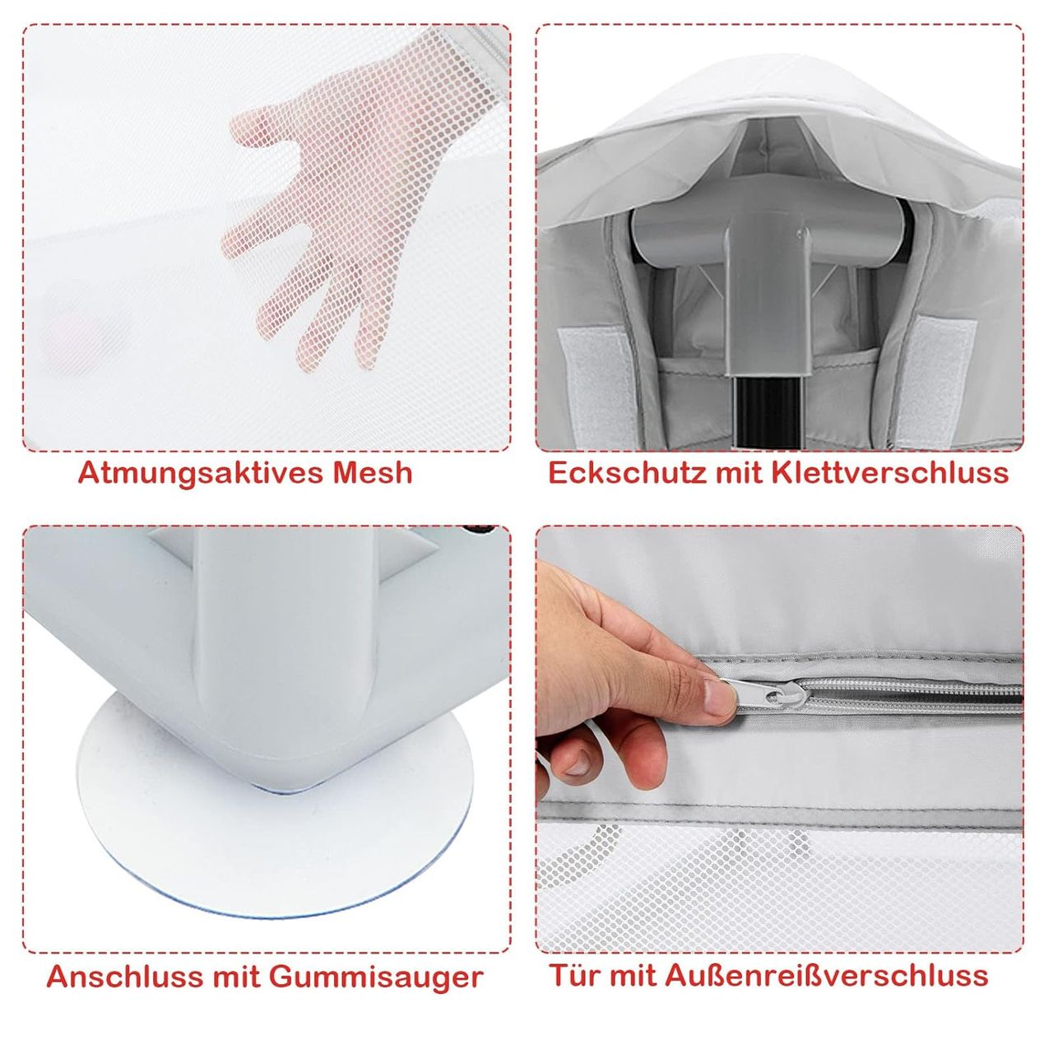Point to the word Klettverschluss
click(890, 473)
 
